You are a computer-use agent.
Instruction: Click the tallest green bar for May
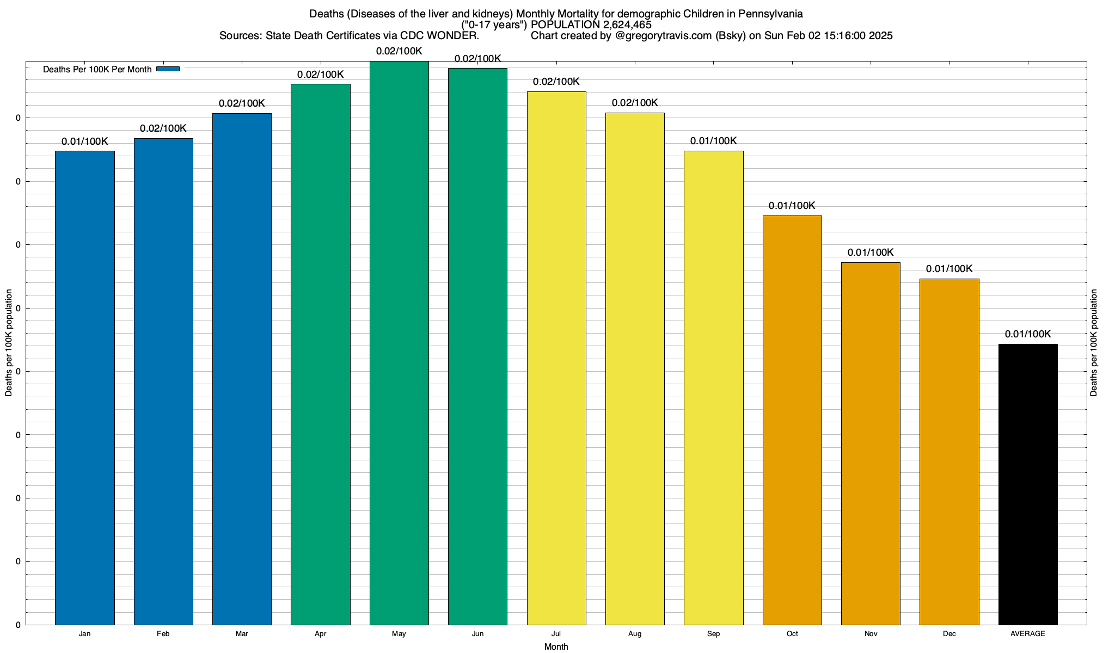coord(399,343)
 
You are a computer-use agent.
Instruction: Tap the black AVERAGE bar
coord(1028,484)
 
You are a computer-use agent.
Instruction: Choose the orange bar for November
coord(871,443)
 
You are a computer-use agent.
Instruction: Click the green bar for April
coord(321,354)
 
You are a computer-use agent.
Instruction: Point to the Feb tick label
coord(163,634)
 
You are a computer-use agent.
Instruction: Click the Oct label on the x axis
coord(792,634)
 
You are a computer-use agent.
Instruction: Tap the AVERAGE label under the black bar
coord(1028,634)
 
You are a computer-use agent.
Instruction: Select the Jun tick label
coord(477,634)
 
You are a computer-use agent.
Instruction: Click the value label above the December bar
coord(949,269)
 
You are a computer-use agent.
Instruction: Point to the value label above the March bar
coord(242,103)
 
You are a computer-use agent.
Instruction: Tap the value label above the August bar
coord(635,103)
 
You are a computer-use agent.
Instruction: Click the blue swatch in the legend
coord(168,69)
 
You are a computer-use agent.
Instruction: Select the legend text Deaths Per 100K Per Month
coord(97,70)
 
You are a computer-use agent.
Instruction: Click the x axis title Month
coord(556,647)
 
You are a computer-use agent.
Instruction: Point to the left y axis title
coord(9,343)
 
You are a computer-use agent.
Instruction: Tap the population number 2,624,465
coord(627,25)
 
